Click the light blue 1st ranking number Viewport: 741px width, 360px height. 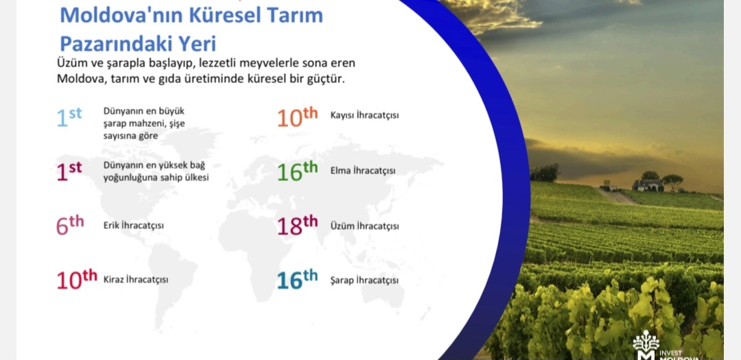[x=69, y=117]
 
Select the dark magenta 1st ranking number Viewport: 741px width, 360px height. [x=69, y=171]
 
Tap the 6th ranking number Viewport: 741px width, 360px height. [x=70, y=226]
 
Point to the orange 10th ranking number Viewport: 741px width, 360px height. [x=297, y=117]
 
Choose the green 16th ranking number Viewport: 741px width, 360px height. [x=297, y=171]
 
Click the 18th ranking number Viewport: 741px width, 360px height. [x=297, y=226]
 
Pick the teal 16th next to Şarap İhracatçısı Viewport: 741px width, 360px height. [x=297, y=280]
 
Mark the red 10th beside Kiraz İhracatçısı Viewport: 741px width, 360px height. [x=77, y=279]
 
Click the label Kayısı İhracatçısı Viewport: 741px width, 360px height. [x=364, y=115]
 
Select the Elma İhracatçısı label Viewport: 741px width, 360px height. [x=363, y=171]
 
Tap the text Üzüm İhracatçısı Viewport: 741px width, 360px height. [x=364, y=226]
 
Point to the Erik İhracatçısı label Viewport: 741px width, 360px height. [x=134, y=226]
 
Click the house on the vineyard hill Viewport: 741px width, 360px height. [x=648, y=184]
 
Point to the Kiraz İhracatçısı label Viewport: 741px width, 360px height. [x=136, y=280]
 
